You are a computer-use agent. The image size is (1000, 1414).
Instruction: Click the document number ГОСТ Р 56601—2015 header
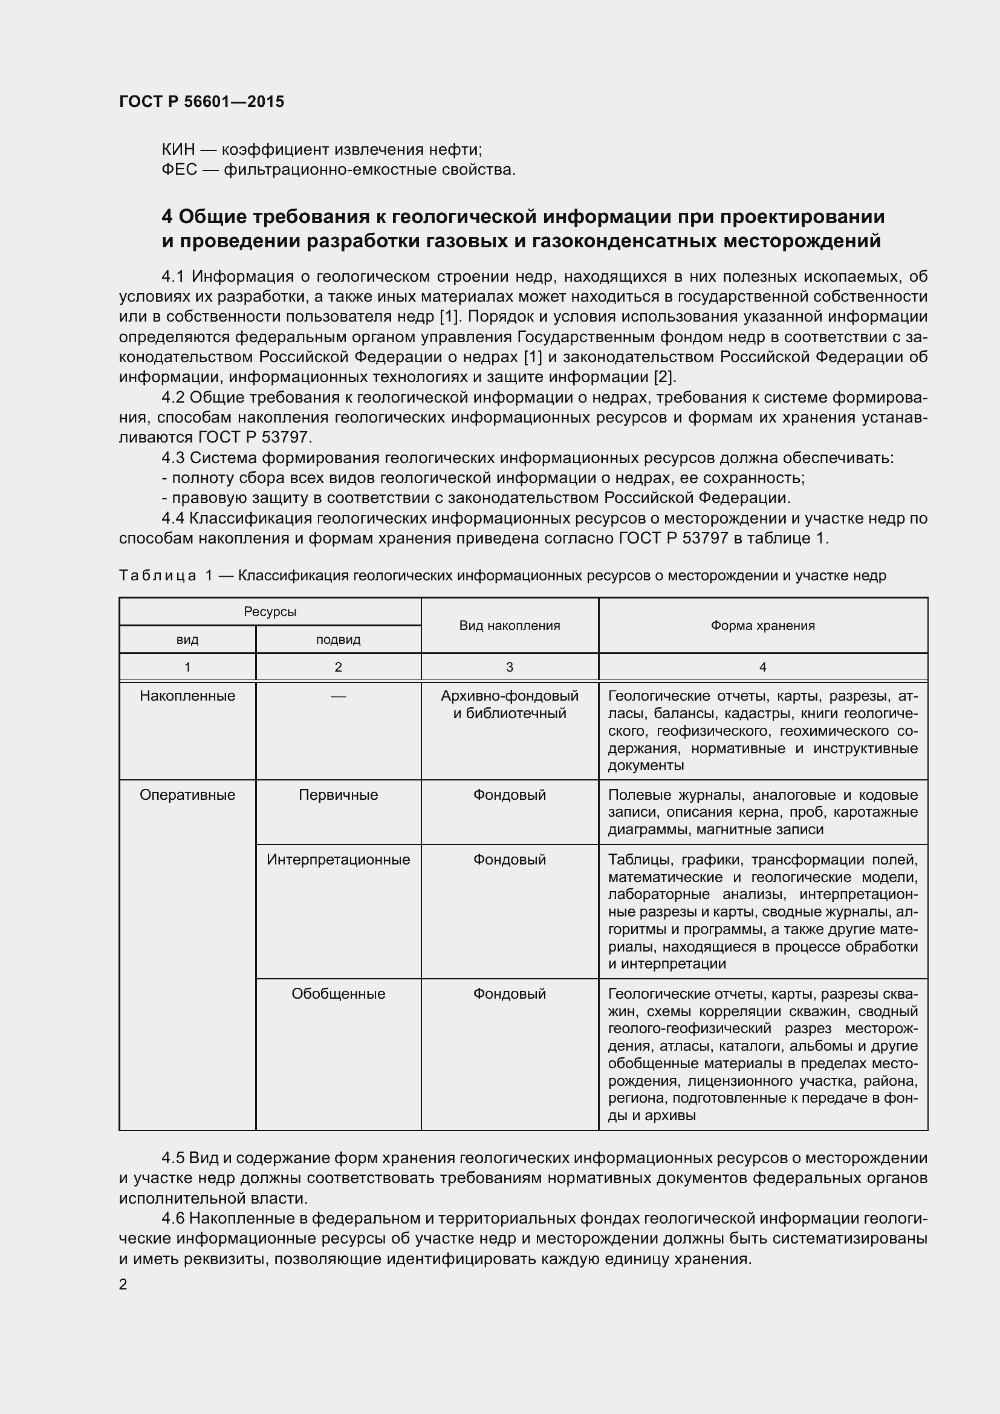tap(201, 102)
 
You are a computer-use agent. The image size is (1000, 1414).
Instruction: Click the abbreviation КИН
tap(178, 150)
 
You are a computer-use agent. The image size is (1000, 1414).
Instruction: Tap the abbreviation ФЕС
tap(179, 169)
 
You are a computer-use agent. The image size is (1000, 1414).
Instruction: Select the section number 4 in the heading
tap(167, 217)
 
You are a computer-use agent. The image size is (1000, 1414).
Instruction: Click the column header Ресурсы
tap(270, 612)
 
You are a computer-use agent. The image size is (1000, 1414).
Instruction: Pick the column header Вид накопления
tap(509, 626)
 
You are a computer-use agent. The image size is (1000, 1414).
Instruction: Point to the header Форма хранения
tap(762, 626)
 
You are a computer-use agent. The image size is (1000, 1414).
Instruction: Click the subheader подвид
tap(338, 640)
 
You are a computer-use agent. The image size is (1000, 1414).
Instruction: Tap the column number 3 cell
tap(509, 667)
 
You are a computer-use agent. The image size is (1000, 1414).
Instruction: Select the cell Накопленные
tap(187, 696)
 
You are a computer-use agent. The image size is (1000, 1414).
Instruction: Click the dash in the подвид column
tap(338, 696)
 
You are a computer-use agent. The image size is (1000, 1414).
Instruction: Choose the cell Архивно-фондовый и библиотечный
tap(509, 704)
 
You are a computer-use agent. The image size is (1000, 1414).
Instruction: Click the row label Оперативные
tap(187, 795)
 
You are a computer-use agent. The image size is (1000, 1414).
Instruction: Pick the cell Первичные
tap(338, 795)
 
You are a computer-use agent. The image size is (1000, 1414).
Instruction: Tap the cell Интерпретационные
tap(338, 860)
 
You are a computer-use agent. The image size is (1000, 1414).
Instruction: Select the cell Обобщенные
tap(338, 994)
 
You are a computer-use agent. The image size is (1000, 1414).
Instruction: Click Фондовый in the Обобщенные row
tap(509, 994)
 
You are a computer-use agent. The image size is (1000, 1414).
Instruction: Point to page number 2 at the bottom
tap(123, 1285)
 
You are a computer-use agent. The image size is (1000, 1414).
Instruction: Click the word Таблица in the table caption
tap(157, 576)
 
